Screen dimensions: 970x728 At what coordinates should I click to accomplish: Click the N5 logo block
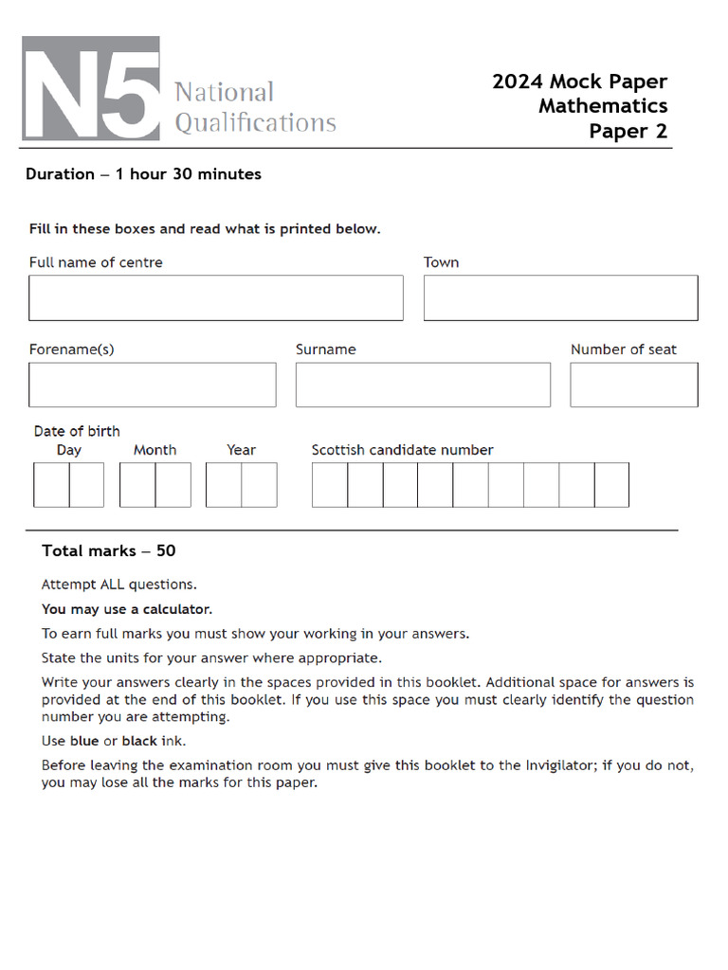tap(91, 89)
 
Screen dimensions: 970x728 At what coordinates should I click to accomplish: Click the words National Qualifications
tap(254, 107)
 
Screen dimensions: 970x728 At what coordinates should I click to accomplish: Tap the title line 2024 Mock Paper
tap(579, 81)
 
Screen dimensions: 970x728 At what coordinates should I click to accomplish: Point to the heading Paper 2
tap(628, 131)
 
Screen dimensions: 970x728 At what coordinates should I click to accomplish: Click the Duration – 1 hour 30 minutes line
tap(143, 174)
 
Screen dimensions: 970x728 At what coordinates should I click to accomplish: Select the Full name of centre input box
tap(215, 297)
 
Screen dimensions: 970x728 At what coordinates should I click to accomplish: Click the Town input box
tap(560, 297)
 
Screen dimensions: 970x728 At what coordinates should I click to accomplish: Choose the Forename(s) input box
tap(152, 385)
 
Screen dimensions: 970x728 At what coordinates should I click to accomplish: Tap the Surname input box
tap(423, 385)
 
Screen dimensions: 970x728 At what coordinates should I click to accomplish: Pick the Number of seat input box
tap(633, 385)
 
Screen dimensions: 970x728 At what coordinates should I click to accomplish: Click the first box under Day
tap(51, 485)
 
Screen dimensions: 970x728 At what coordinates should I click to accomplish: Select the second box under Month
tap(173, 485)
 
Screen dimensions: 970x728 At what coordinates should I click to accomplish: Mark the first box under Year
tap(224, 485)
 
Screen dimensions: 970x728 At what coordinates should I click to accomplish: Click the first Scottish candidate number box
tap(330, 485)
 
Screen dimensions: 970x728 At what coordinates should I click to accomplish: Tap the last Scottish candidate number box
tap(611, 485)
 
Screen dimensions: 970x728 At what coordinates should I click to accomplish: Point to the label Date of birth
tap(77, 431)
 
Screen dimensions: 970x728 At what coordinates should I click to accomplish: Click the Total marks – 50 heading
tap(109, 551)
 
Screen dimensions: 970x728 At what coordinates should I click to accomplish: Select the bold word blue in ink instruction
tap(84, 741)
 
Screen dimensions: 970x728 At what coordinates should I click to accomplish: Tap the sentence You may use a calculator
tap(127, 609)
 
